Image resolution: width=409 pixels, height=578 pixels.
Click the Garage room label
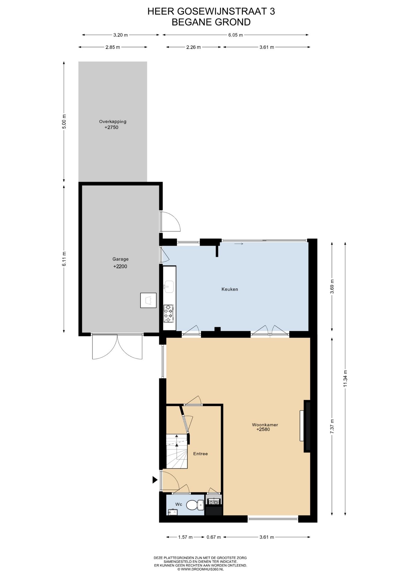pos(120,259)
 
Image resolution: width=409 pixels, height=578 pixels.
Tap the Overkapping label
pos(113,122)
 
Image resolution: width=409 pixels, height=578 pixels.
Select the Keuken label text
pos(230,289)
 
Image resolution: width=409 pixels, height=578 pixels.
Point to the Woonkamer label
pos(265,425)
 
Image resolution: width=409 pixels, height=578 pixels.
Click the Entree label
pos(201,454)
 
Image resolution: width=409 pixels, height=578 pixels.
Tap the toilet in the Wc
pos(195,505)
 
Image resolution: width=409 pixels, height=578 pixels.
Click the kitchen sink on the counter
pos(169,287)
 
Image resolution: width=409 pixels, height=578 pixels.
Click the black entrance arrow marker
pos(155,480)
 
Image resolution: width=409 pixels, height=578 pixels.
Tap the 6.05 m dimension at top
pos(236,35)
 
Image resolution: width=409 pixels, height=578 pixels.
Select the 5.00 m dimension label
pos(64,122)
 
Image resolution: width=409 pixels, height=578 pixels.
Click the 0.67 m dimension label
pos(214,545)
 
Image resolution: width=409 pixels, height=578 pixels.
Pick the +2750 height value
pos(111,127)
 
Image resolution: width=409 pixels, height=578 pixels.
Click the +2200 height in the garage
pos(120,266)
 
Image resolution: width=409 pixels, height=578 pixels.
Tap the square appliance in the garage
pos(148,300)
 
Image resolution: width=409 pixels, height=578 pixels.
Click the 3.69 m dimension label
pos(332,286)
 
